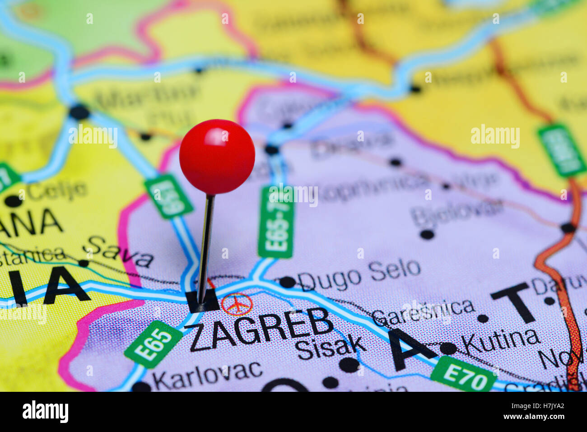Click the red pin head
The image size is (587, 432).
[217, 156]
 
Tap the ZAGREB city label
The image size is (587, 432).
[261, 329]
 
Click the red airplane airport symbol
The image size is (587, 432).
[237, 304]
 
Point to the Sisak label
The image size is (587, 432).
[331, 347]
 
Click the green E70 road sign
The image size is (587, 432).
[464, 374]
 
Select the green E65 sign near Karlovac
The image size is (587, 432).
[154, 344]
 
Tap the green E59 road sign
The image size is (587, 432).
[168, 196]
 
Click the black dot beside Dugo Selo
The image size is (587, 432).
[287, 282]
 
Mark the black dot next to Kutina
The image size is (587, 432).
[448, 348]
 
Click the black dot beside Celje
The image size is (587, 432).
[13, 200]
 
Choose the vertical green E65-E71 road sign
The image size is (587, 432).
[276, 222]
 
